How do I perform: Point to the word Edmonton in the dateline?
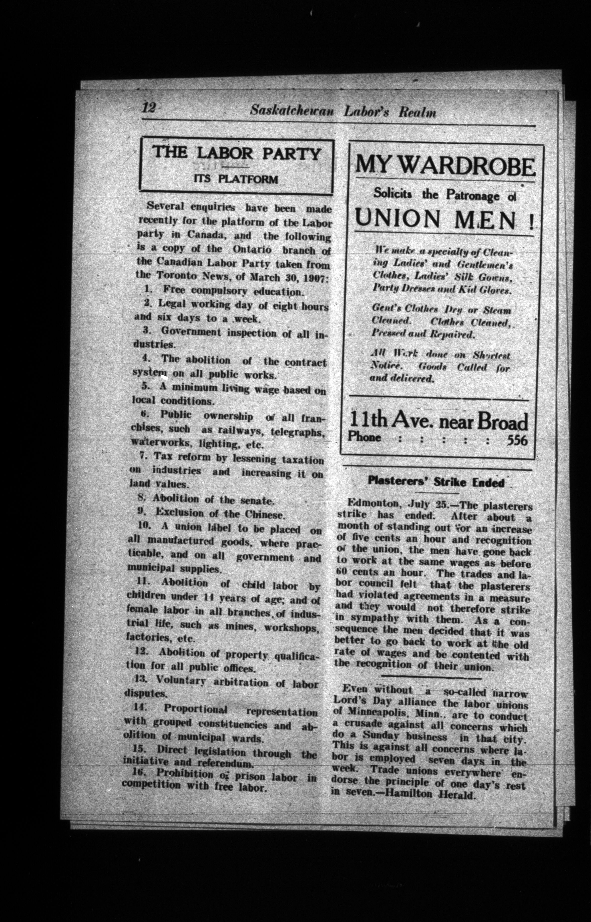(x=370, y=503)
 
